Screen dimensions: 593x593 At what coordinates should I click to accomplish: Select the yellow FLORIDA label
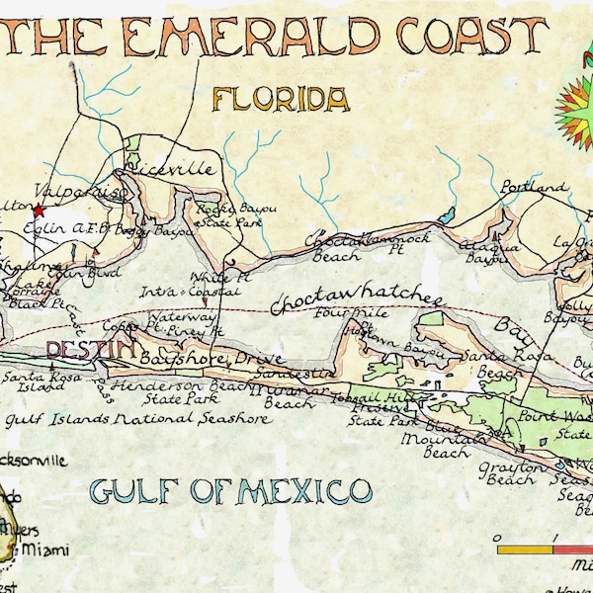pos(281,99)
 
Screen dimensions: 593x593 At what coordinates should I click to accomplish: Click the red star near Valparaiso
pos(39,211)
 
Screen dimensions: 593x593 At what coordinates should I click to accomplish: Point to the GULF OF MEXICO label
pos(230,489)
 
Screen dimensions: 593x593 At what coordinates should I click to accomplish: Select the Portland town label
pos(534,187)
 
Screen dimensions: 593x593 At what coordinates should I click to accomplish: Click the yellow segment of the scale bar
pos(524,548)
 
